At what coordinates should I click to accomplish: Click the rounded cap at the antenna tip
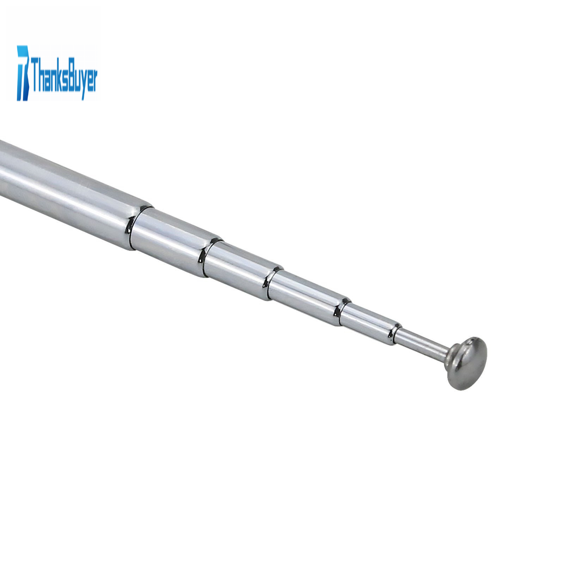point(467,363)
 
